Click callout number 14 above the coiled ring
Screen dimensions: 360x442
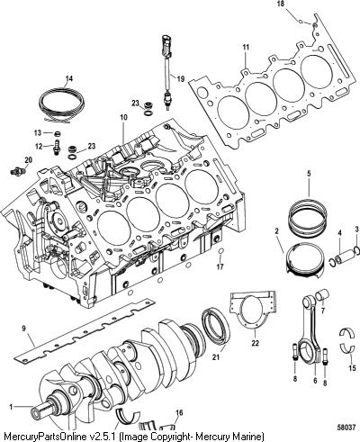(x=69, y=79)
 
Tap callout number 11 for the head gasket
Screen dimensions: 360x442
(x=246, y=47)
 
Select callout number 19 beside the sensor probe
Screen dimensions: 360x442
(x=180, y=79)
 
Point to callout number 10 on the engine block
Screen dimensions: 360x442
(x=124, y=117)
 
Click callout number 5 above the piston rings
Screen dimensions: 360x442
(x=309, y=174)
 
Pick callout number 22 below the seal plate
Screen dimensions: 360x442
(x=255, y=343)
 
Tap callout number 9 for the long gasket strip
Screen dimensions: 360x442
(x=24, y=329)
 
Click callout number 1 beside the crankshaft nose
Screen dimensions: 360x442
(x=11, y=407)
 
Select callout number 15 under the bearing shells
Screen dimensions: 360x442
(x=352, y=368)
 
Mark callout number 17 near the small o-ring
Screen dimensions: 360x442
(x=220, y=266)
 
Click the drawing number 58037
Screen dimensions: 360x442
(x=347, y=427)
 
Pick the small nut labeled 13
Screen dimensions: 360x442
(x=56, y=132)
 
